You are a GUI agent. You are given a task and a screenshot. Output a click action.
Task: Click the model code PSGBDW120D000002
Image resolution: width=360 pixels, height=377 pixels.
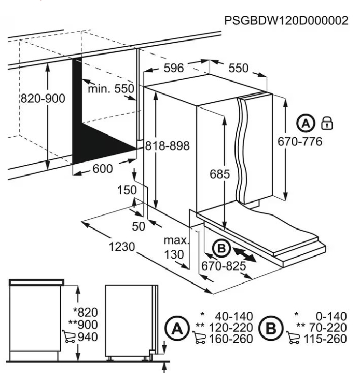point(286,20)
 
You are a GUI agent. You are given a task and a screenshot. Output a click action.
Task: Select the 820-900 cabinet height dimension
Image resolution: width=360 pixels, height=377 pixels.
point(43,98)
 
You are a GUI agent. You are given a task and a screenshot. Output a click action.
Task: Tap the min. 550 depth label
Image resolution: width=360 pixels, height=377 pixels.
point(110,88)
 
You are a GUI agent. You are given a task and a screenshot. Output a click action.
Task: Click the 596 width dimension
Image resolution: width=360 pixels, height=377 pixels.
point(173,68)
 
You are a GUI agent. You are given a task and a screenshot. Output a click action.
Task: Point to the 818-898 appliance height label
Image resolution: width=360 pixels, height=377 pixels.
point(168,146)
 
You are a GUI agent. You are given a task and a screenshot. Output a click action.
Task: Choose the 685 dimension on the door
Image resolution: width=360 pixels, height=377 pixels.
point(219,174)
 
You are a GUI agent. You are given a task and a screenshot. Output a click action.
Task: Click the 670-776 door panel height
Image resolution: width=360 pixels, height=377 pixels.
point(300,141)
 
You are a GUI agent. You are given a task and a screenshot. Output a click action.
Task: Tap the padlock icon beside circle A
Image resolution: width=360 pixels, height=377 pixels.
point(327,123)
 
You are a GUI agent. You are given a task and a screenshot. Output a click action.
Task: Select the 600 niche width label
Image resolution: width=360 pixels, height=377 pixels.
point(103,169)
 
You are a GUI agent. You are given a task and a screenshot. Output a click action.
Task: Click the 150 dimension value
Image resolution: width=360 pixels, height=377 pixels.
point(127,190)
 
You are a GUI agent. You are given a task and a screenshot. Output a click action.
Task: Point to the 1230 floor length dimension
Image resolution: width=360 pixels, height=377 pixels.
point(122,247)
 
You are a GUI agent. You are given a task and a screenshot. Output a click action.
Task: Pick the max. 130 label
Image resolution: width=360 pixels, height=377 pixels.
point(176,247)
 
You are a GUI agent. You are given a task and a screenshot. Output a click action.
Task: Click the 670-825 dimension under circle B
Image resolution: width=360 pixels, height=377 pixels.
point(224,266)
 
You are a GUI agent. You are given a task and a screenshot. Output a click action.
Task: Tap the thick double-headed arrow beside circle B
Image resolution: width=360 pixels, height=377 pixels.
point(244,254)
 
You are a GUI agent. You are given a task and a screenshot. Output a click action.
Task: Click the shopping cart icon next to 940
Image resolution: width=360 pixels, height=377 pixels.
point(69,336)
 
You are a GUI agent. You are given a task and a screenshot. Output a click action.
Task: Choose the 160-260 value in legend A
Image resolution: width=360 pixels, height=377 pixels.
point(231,339)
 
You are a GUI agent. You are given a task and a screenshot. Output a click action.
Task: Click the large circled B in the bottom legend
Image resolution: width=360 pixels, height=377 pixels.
point(271,328)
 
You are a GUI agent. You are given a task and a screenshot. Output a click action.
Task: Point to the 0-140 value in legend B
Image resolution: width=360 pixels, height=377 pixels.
point(331,316)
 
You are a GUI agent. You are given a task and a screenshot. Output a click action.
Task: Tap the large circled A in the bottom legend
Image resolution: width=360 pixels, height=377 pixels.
point(177,328)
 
